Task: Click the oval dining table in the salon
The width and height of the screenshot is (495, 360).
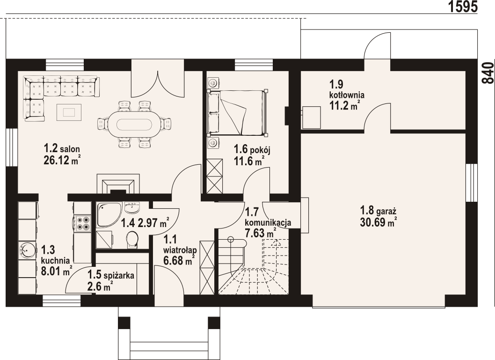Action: tap(134, 125)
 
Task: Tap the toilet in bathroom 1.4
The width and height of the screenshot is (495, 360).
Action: tap(132, 239)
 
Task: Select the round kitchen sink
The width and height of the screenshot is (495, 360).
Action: tap(27, 250)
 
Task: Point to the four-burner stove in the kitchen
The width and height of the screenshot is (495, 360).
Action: tap(82, 222)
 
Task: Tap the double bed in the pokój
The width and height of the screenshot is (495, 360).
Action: tap(237, 112)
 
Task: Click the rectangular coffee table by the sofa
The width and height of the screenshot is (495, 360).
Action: tap(69, 112)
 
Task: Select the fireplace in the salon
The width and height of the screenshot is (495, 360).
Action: tap(117, 184)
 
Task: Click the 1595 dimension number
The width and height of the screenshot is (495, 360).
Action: tap(463, 6)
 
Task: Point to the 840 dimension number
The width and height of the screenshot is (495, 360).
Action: tap(488, 73)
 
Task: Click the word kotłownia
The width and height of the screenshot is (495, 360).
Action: tap(347, 95)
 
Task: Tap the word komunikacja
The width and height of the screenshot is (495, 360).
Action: tap(268, 222)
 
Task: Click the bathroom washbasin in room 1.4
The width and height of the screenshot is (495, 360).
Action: tap(132, 207)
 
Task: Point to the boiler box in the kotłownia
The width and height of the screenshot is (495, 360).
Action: tap(312, 117)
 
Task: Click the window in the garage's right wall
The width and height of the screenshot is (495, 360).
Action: tap(472, 183)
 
